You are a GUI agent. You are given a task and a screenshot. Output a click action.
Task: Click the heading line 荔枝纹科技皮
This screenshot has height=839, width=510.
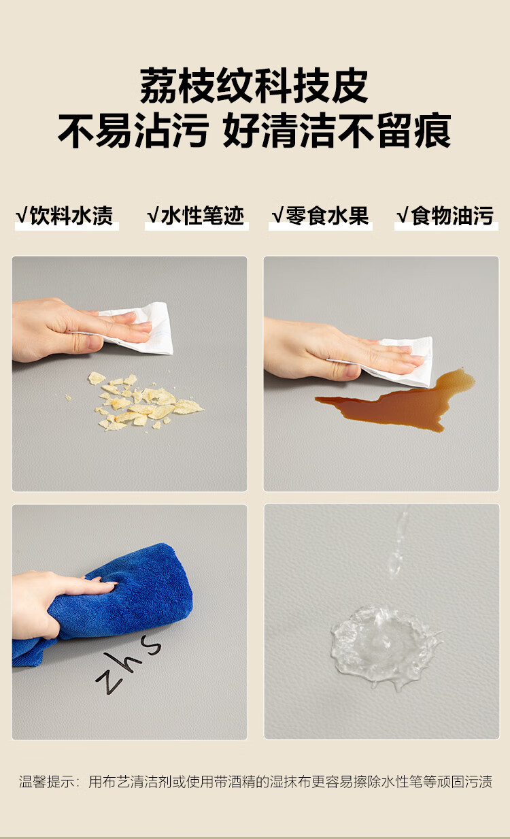[254, 86]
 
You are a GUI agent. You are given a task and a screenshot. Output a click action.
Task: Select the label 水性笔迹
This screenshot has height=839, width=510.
[203, 216]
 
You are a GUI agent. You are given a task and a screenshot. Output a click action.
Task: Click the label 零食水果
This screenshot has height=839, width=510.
[327, 216]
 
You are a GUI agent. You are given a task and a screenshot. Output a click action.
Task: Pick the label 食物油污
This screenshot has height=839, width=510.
[452, 216]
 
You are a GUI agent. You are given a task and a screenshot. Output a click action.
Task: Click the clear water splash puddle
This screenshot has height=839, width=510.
[381, 644]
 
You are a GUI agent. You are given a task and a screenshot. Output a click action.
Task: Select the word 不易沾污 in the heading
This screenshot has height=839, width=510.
[133, 131]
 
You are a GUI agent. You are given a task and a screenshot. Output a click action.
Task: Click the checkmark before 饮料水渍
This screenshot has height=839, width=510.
[21, 216]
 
